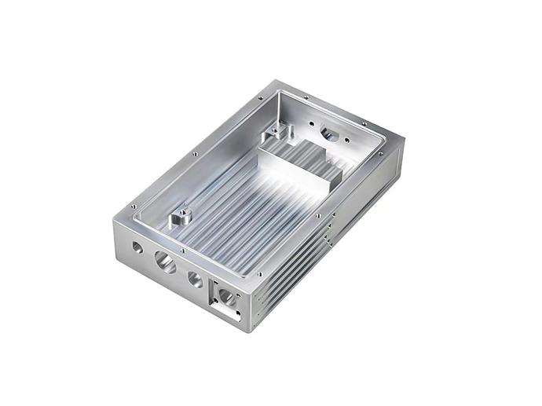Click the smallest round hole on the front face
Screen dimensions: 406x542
137,247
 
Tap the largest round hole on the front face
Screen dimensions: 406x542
166,262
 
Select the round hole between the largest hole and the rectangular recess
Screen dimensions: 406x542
194,279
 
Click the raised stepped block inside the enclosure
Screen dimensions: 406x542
298,169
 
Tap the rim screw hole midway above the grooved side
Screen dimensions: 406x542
318,215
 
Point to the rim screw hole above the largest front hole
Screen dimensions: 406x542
182,251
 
